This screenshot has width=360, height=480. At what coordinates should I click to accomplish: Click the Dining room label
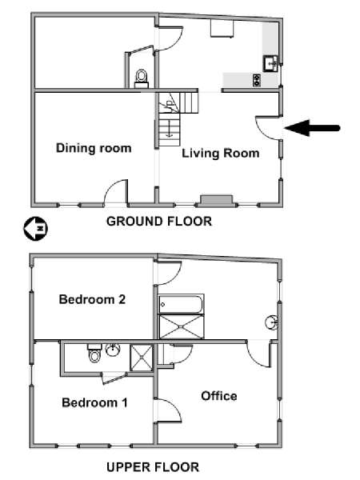pyautogui.click(x=94, y=148)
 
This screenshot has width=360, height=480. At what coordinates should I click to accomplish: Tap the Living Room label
pyautogui.click(x=221, y=153)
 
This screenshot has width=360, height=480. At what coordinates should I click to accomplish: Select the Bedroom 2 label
pyautogui.click(x=92, y=299)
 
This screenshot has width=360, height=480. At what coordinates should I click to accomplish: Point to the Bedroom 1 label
pyautogui.click(x=94, y=402)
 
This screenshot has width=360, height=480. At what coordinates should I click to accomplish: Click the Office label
pyautogui.click(x=219, y=396)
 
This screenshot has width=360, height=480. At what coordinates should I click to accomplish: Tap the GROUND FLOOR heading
pyautogui.click(x=159, y=221)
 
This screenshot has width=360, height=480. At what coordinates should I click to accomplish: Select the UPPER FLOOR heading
pyautogui.click(x=153, y=467)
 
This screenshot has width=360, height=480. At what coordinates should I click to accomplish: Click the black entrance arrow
pyautogui.click(x=313, y=128)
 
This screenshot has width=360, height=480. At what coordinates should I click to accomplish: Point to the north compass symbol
pyautogui.click(x=35, y=229)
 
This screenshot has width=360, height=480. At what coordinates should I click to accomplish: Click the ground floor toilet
pyautogui.click(x=142, y=78)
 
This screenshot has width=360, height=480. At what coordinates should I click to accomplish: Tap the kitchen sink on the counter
pyautogui.click(x=270, y=64)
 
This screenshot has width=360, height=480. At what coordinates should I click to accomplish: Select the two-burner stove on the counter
pyautogui.click(x=257, y=80)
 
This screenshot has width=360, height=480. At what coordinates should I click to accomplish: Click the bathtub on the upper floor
pyautogui.click(x=181, y=304)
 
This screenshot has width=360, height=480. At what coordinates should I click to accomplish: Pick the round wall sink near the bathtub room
pyautogui.click(x=271, y=323)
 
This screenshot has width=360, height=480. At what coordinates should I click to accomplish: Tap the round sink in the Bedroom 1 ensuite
pyautogui.click(x=113, y=350)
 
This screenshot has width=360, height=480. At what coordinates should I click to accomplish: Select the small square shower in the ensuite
pyautogui.click(x=141, y=358)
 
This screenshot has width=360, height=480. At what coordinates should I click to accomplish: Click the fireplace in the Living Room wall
pyautogui.click(x=217, y=199)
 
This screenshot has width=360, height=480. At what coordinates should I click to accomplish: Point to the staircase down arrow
pyautogui.click(x=169, y=131)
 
